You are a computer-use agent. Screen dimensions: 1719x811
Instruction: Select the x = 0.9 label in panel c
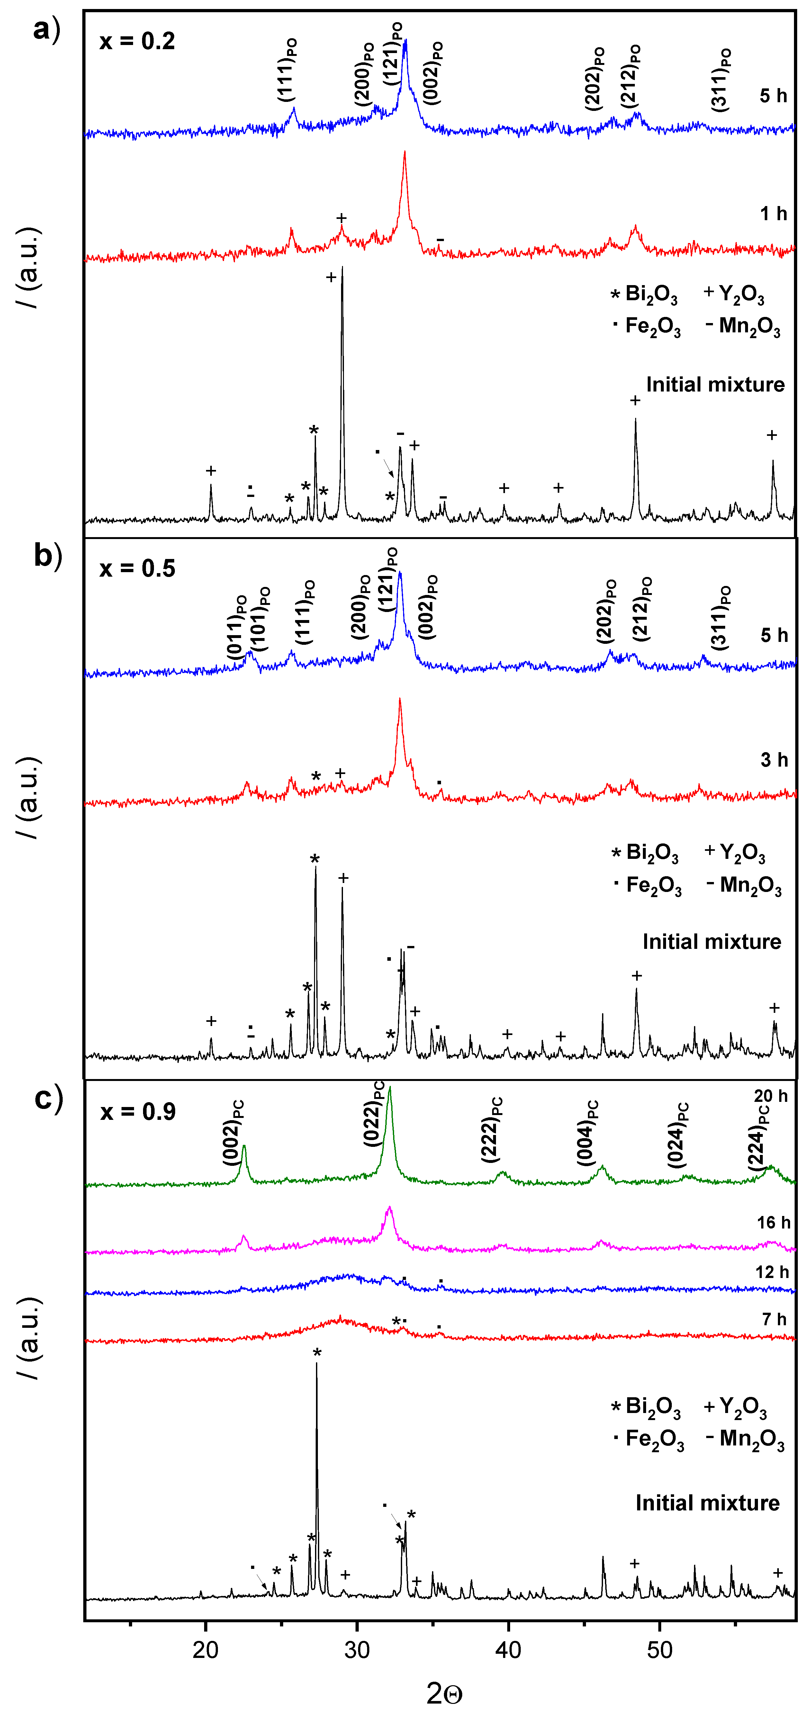point(138,1112)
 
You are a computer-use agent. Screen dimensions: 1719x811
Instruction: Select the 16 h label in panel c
point(773,1222)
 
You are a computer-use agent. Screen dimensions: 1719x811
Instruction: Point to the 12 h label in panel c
point(771,1272)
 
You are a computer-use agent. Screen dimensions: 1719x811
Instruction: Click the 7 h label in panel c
point(774,1319)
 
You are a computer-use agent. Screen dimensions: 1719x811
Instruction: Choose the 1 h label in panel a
point(774,213)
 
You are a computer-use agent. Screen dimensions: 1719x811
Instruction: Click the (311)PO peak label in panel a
point(721,80)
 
